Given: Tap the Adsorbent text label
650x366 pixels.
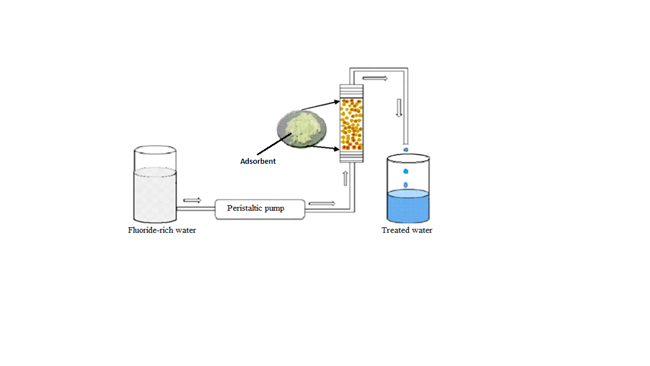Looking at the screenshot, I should [258, 162].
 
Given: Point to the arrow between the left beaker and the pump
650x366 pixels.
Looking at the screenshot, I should [192, 200].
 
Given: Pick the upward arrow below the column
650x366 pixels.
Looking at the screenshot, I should [345, 178].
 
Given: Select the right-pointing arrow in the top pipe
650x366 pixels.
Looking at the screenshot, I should [375, 78].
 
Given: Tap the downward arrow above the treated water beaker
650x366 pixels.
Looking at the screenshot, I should [399, 107].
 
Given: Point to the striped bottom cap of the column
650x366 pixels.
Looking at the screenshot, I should [351, 156].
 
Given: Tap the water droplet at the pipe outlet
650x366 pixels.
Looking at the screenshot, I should [406, 150].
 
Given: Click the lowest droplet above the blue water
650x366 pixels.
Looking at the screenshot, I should [406, 185].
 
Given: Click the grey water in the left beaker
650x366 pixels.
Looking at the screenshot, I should [155, 195].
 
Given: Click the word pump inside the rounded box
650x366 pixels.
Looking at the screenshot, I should [275, 208].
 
